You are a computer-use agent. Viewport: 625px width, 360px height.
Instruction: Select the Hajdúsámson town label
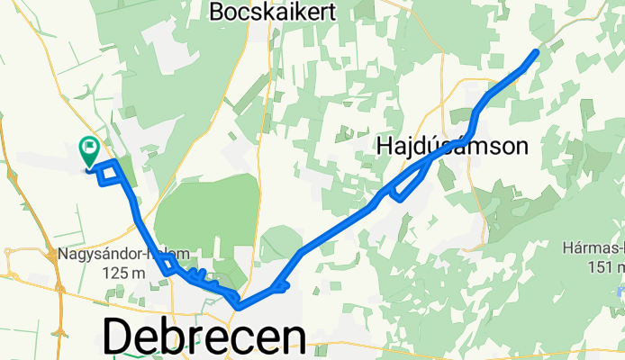pyautogui.click(x=452, y=145)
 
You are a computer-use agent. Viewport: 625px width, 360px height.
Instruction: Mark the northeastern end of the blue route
pyautogui.click(x=537, y=52)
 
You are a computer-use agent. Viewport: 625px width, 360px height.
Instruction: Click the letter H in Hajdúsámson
pyautogui.click(x=385, y=146)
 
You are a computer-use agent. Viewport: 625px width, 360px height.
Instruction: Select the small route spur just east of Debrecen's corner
pyautogui.click(x=280, y=287)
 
